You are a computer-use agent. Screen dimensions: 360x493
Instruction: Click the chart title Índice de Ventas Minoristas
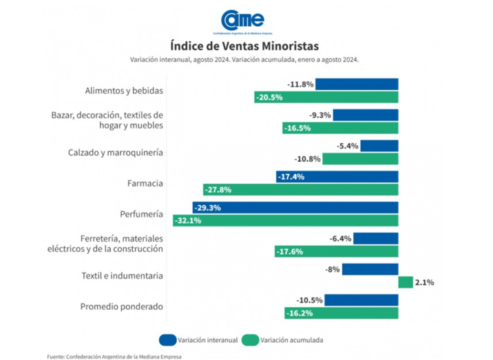click(245, 46)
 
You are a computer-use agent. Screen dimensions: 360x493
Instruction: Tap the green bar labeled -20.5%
click(326, 98)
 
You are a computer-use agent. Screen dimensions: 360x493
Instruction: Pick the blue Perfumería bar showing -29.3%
click(295, 207)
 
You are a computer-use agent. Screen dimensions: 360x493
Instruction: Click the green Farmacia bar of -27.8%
click(301, 189)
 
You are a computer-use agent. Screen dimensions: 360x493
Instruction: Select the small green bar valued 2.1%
click(406, 282)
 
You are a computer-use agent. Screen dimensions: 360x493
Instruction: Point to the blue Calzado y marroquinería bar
click(379, 146)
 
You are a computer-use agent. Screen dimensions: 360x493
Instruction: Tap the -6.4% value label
click(340, 238)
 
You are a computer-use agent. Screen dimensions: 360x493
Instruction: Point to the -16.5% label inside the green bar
click(297, 128)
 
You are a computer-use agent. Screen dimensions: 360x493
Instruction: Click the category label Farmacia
click(145, 184)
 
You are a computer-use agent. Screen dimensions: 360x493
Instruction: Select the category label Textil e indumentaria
click(121, 275)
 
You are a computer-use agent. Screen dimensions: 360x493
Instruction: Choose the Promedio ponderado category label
click(121, 306)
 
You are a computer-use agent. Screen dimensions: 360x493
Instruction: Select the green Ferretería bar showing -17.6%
click(336, 251)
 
